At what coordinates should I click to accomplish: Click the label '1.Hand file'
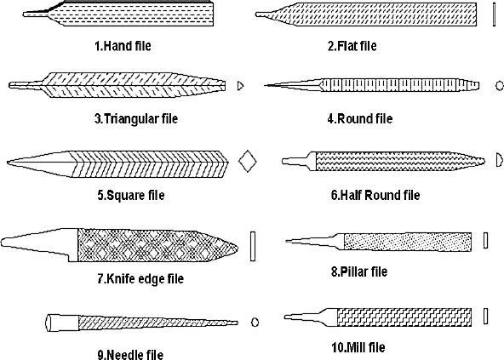(x=123, y=46)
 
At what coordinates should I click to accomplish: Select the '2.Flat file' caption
(x=352, y=46)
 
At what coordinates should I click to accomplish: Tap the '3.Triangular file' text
(x=136, y=118)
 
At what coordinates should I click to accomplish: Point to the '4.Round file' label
(x=360, y=118)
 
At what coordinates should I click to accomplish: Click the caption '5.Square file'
(x=131, y=195)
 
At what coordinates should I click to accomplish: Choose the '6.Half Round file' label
(x=375, y=195)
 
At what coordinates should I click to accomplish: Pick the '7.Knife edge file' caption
(x=140, y=278)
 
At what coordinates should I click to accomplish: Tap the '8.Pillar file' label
(x=359, y=271)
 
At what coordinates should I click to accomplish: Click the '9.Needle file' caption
(x=130, y=354)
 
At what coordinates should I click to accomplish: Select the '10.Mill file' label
(x=358, y=347)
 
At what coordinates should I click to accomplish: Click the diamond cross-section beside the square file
(x=248, y=161)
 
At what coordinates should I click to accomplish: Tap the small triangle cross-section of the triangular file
(x=240, y=86)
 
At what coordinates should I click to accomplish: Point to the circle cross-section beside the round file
(x=500, y=85)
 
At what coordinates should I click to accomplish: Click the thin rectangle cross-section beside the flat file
(x=494, y=14)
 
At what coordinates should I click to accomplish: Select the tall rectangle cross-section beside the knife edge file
(x=253, y=246)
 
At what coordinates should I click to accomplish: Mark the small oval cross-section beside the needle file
(x=255, y=322)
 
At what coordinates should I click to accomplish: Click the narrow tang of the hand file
(x=36, y=14)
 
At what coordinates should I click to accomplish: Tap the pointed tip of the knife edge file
(x=238, y=248)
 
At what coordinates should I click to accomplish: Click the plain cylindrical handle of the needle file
(x=62, y=323)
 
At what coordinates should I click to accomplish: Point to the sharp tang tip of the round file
(x=265, y=85)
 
